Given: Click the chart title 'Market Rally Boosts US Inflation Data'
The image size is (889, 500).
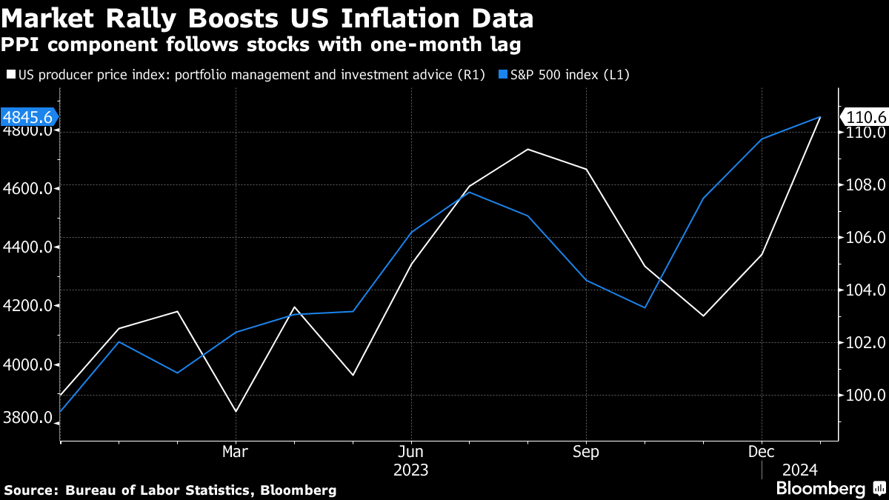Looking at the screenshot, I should pos(269,17).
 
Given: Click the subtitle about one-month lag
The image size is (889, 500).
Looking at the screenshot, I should pos(261,45).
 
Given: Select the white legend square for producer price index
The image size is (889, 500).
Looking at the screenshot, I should pos(10,74).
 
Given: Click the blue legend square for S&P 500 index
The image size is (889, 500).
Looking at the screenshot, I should pos(503,74).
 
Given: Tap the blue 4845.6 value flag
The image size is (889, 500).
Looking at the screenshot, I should pos(29,117).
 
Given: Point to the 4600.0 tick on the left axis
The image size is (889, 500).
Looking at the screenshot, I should pos(28,189).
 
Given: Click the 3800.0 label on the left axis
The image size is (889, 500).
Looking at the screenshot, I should pos(28,418).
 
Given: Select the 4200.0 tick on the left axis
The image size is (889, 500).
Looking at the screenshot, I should pos(28,306).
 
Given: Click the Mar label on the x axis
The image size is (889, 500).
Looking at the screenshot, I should pos(236,451).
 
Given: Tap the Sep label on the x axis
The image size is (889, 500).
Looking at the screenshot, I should pos(586,451).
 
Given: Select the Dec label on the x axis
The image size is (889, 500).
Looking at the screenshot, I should pos(762,451).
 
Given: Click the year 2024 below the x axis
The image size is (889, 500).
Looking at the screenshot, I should pos(799,470).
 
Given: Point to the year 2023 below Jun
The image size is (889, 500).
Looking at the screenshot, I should pos(410,470).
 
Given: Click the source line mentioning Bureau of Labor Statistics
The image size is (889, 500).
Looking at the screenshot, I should pos(170,490).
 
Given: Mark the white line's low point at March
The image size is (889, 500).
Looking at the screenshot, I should pos(236,411).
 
